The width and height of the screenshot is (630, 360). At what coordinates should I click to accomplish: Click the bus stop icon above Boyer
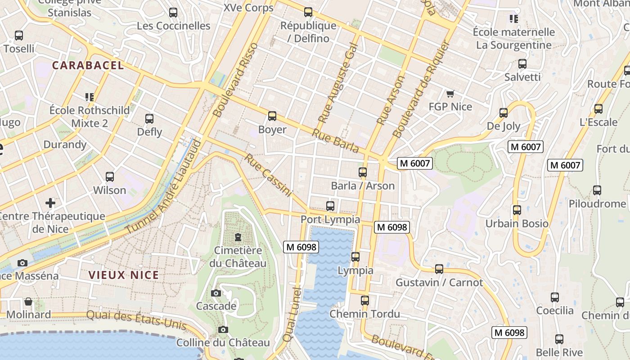[x=272, y=116]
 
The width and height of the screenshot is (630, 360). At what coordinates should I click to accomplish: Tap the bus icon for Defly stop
[x=149, y=119]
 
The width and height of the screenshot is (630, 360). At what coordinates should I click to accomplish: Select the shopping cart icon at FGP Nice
[x=450, y=94]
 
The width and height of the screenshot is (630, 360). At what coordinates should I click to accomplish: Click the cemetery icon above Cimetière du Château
[x=238, y=237]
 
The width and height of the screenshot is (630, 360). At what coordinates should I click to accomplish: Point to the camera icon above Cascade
[x=216, y=293]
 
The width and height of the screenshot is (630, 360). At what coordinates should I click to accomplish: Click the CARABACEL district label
[x=88, y=65]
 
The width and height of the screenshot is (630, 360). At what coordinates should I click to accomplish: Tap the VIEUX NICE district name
[x=123, y=275]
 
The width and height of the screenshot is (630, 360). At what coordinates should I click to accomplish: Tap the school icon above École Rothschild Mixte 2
[x=89, y=97]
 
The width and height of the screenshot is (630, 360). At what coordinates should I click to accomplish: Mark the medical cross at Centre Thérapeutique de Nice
[x=50, y=203]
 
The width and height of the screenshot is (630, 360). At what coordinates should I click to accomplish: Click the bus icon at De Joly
[x=504, y=113]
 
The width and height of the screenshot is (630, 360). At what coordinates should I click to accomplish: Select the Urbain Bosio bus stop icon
[x=517, y=210]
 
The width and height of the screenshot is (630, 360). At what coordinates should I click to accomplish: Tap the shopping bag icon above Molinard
[x=28, y=301]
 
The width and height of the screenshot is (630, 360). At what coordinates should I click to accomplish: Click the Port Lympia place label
[x=330, y=220]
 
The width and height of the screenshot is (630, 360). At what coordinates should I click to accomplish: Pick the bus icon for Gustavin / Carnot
[x=439, y=269]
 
